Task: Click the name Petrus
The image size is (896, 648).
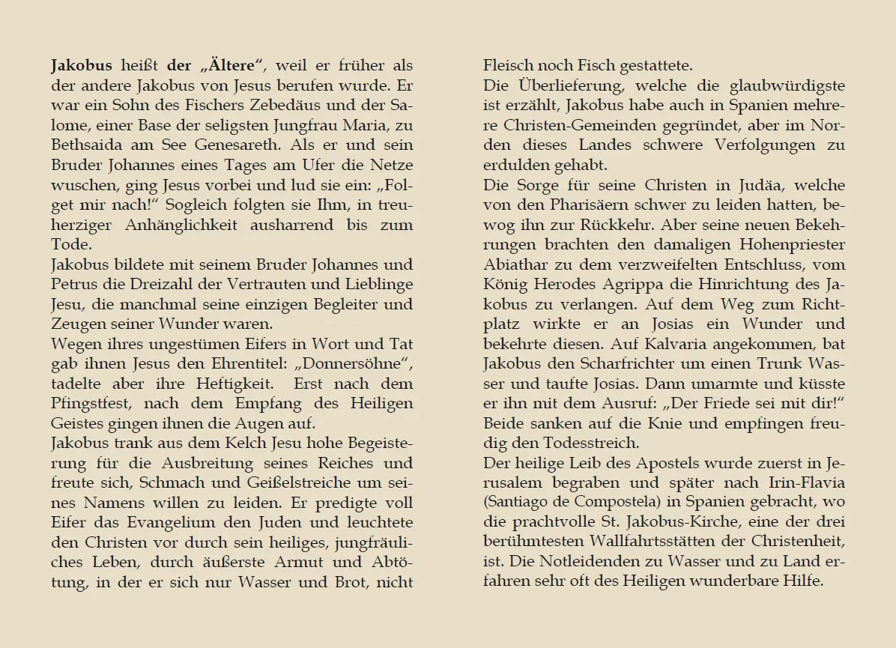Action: tap(74, 285)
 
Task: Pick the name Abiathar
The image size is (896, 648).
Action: tap(518, 264)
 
